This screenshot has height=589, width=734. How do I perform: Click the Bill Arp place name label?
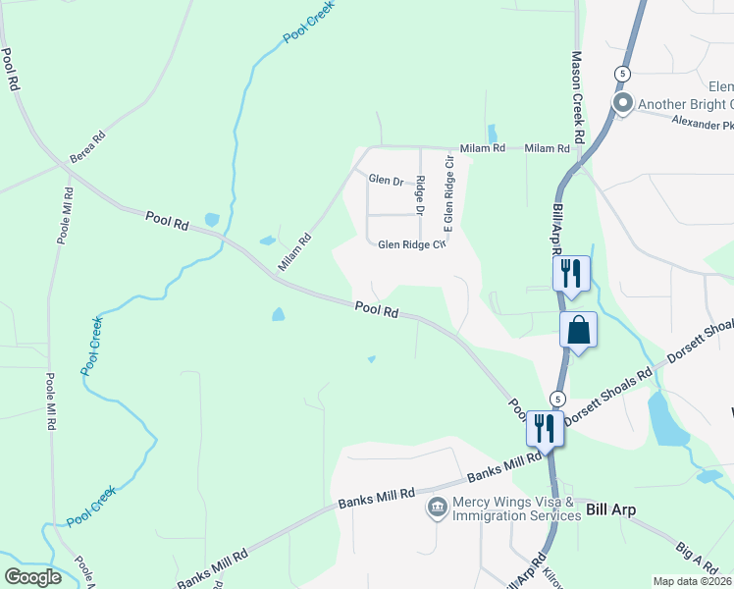point(609,509)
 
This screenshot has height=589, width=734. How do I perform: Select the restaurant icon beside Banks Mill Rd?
point(544,427)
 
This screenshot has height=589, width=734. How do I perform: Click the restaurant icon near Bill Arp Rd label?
point(571,273)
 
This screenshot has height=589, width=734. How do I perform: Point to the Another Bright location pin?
point(622,103)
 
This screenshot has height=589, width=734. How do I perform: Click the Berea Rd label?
point(86,148)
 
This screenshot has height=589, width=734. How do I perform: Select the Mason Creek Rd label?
point(578,94)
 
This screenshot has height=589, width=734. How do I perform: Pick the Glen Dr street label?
point(387,180)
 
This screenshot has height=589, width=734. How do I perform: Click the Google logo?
point(33,577)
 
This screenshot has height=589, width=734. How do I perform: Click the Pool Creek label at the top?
point(308,21)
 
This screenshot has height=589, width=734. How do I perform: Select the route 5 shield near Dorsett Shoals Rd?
point(557,398)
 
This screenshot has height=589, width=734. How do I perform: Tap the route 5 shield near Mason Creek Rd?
point(622,74)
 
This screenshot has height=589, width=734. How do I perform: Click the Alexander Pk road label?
point(703,125)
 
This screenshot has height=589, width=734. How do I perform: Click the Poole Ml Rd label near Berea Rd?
point(66,216)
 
